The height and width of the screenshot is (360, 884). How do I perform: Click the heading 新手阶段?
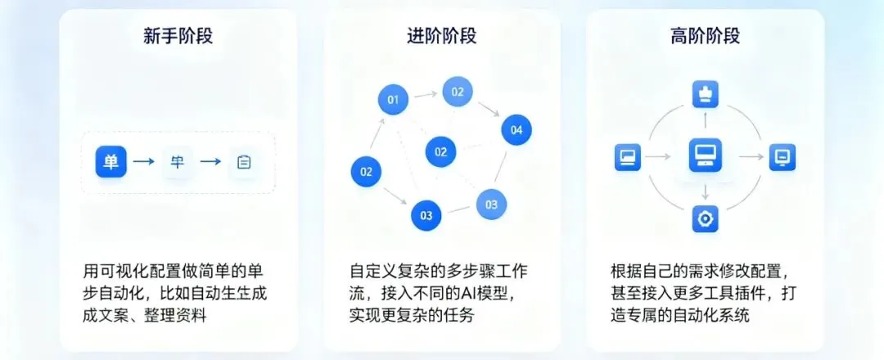[178, 36]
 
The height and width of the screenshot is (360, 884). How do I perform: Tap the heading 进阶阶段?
[441, 36]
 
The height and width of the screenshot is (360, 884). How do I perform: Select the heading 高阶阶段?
[705, 36]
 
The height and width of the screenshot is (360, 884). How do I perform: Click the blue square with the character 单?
[110, 162]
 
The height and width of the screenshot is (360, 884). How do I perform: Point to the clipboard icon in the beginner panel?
[243, 162]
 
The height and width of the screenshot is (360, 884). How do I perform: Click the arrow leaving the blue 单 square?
[144, 162]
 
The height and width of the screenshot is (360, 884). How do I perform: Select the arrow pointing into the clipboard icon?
[210, 162]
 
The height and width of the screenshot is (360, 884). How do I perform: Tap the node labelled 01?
[393, 101]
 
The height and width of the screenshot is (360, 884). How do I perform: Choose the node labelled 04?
[516, 129]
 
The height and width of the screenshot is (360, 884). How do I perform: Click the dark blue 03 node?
[426, 216]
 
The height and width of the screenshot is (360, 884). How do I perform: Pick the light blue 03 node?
[491, 205]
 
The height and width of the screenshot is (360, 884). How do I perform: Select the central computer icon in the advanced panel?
[704, 156]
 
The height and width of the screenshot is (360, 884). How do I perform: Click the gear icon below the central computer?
[704, 218]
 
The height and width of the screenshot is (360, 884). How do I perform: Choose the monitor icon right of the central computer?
[782, 156]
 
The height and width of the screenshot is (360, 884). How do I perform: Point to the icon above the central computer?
[704, 96]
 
